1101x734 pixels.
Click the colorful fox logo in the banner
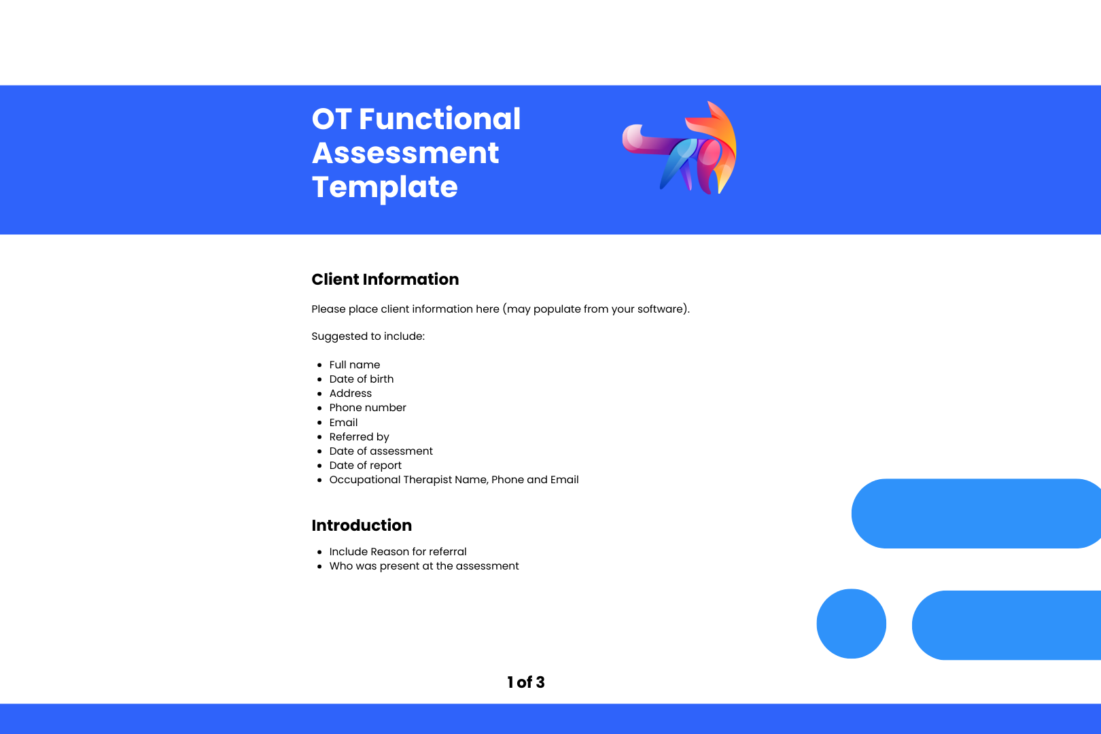pos(680,147)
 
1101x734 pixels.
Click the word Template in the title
pos(385,188)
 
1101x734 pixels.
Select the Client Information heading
pos(385,279)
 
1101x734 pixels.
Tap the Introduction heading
pos(362,525)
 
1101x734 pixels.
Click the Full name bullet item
pos(354,365)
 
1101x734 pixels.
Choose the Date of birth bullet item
pos(362,379)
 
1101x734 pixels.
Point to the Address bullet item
pos(351,394)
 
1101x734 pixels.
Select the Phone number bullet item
pos(368,408)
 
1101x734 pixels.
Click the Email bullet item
pos(343,422)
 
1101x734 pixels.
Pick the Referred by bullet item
pos(359,436)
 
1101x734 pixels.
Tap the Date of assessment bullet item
pos(381,451)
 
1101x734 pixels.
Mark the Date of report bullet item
pos(365,465)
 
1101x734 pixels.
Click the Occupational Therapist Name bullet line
pos(454,479)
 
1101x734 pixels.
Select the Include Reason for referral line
pos(398,552)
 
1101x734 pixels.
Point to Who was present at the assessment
pos(423,566)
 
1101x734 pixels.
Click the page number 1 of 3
pos(526,682)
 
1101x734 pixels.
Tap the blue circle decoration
pos(852,624)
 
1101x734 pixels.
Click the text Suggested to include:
pos(368,336)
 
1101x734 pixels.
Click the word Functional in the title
pos(440,119)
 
